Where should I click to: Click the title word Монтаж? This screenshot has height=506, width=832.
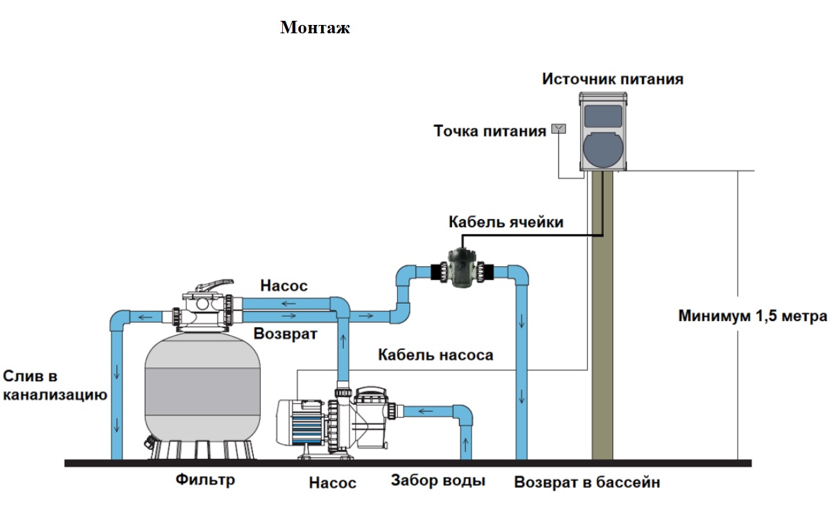click(315, 28)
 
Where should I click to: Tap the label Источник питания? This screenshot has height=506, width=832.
click(612, 79)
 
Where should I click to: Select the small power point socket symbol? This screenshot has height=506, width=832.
click(558, 129)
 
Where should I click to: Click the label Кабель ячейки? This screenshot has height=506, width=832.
click(506, 222)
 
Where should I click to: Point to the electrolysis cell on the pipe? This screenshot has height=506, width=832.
click(462, 269)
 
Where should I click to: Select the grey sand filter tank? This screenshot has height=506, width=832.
click(202, 394)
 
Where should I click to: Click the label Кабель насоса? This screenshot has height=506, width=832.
click(435, 355)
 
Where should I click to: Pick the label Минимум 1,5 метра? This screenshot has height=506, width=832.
click(753, 316)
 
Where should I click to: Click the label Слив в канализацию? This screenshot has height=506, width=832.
click(55, 385)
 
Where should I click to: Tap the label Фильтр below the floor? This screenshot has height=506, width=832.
click(205, 480)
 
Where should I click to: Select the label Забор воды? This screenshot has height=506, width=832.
click(438, 480)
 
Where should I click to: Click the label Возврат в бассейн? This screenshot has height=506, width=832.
click(587, 482)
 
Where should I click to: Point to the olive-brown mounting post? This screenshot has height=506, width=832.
click(602, 315)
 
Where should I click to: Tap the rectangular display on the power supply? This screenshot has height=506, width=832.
click(603, 116)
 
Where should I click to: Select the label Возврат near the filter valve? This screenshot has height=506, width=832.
click(285, 333)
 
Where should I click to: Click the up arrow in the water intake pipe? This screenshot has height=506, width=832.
click(466, 444)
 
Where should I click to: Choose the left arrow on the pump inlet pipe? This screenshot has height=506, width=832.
click(426, 411)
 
